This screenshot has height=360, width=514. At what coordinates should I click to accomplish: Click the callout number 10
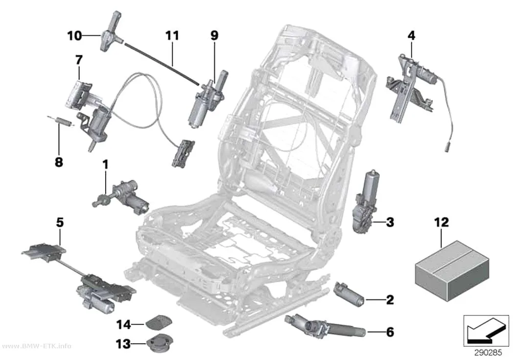point(74,35)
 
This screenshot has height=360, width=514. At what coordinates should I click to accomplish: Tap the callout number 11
point(172,35)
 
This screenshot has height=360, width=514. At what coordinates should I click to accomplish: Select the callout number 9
point(214,35)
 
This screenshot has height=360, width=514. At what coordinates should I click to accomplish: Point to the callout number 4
point(411,35)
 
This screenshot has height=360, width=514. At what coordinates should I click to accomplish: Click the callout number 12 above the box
point(441,222)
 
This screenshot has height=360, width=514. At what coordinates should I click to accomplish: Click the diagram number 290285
point(488,353)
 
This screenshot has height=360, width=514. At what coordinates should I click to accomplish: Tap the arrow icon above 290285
point(486,331)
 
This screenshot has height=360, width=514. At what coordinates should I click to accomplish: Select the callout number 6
point(390,332)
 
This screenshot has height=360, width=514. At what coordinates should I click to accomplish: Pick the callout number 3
point(390,222)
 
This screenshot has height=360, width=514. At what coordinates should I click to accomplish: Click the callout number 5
point(60,222)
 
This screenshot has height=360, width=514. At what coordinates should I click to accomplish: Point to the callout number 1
point(105,165)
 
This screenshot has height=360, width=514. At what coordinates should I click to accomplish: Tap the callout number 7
point(79,60)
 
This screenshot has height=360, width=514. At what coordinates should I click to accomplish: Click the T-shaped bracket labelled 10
point(110,33)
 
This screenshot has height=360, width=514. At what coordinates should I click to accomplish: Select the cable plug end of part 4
point(446,146)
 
